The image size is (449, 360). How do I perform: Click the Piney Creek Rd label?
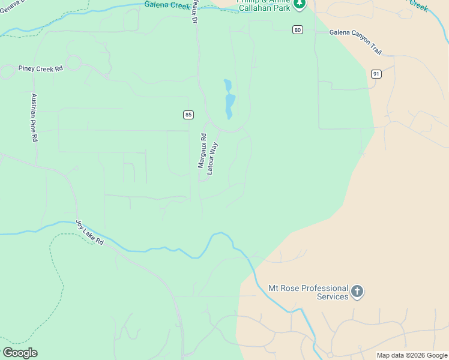point(40,69)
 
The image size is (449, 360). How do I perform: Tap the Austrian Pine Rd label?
point(34,118)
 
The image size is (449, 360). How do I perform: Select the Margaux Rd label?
point(202,150)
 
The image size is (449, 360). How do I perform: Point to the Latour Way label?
point(212,158)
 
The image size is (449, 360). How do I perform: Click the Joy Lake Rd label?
point(89,233)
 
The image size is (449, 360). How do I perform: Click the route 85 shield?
point(188,114)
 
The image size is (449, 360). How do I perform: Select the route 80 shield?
point(297,29)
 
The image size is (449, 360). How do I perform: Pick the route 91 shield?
point(376,74)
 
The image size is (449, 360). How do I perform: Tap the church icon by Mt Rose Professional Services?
point(357,292)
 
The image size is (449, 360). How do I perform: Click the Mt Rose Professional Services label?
point(308,292)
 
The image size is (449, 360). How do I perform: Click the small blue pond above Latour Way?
point(229,99)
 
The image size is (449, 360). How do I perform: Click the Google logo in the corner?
point(20,353)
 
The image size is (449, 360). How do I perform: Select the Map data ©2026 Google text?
point(412,355)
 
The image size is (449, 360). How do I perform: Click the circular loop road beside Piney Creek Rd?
point(74,62)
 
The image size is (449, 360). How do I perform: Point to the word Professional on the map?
point(325,288)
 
